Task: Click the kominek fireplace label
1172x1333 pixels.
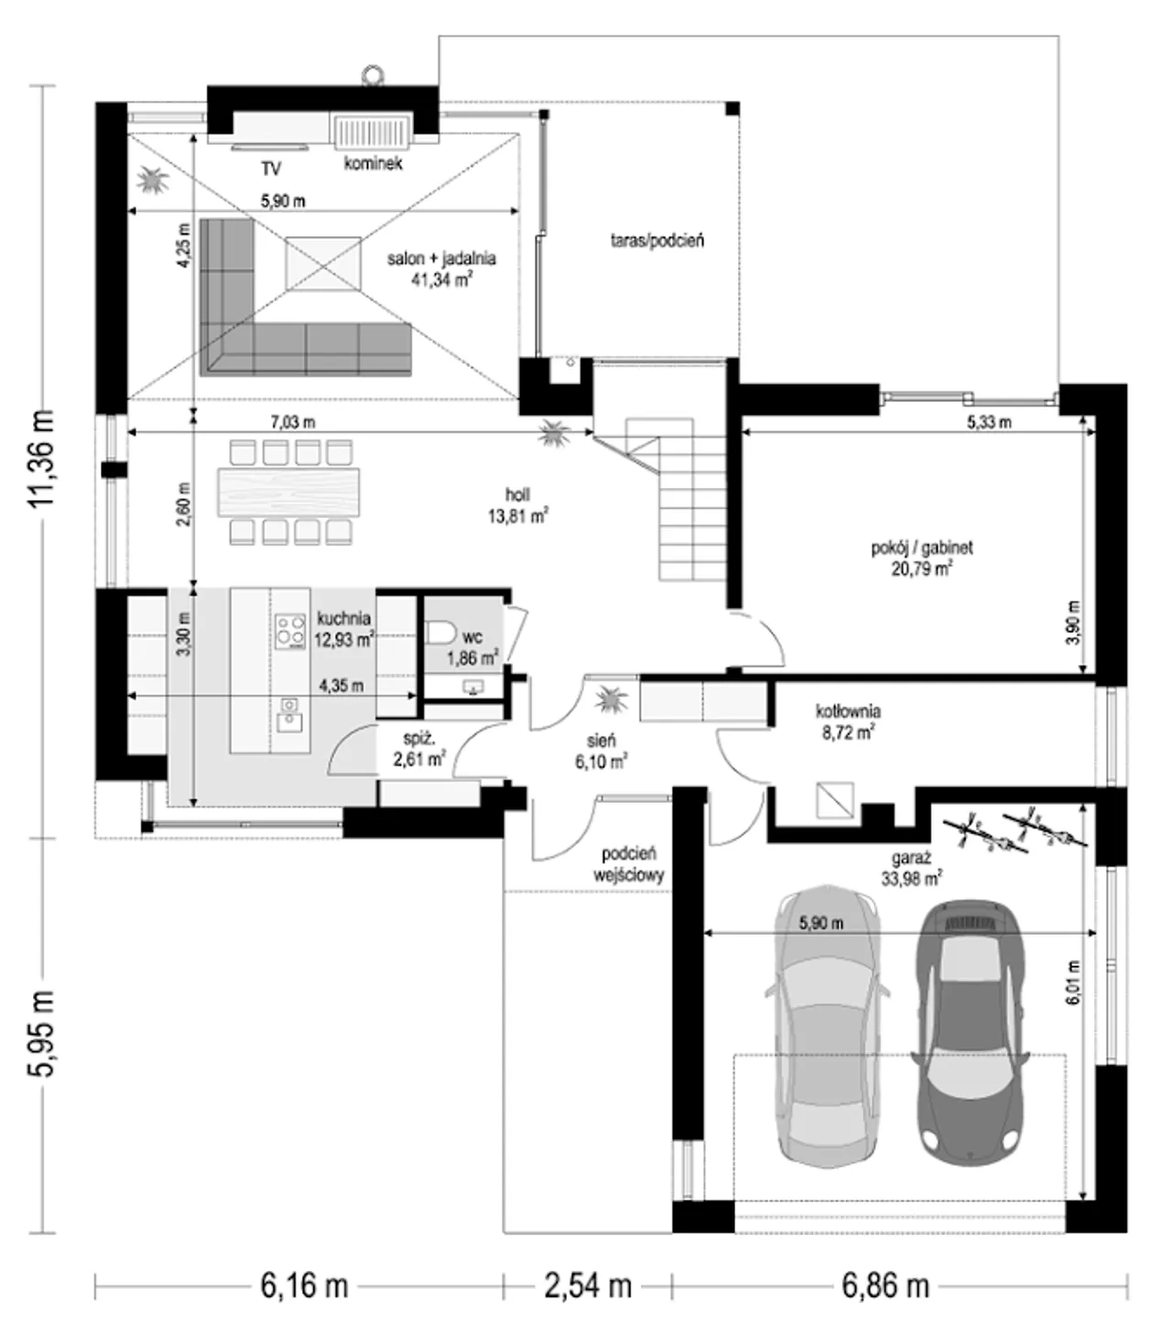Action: click(x=374, y=163)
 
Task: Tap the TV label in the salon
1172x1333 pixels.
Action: click(x=271, y=169)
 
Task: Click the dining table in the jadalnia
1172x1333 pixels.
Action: click(x=288, y=491)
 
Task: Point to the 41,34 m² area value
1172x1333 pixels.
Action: click(x=442, y=279)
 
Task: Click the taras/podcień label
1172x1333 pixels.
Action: click(x=657, y=241)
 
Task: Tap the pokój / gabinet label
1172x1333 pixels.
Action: click(x=922, y=547)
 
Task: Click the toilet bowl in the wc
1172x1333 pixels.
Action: click(x=440, y=634)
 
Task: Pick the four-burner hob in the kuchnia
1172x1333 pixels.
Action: click(x=290, y=632)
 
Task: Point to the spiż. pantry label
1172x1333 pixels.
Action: click(x=420, y=739)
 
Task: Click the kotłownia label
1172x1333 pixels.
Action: click(x=848, y=710)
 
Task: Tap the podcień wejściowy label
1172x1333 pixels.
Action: click(x=628, y=865)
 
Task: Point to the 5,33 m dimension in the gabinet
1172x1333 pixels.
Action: click(x=989, y=422)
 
